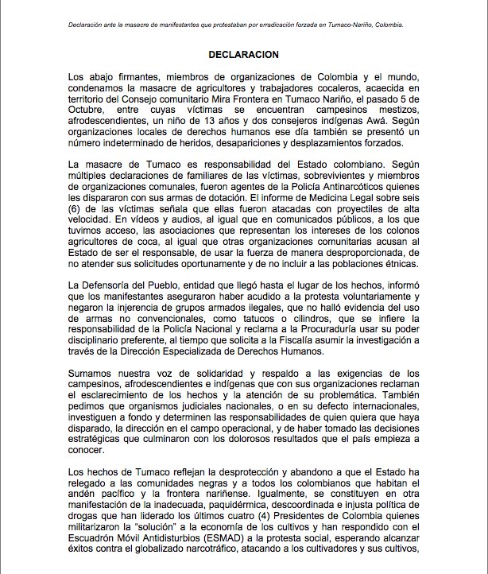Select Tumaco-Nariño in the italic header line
tap(347, 24)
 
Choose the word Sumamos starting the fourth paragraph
tap(94, 373)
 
